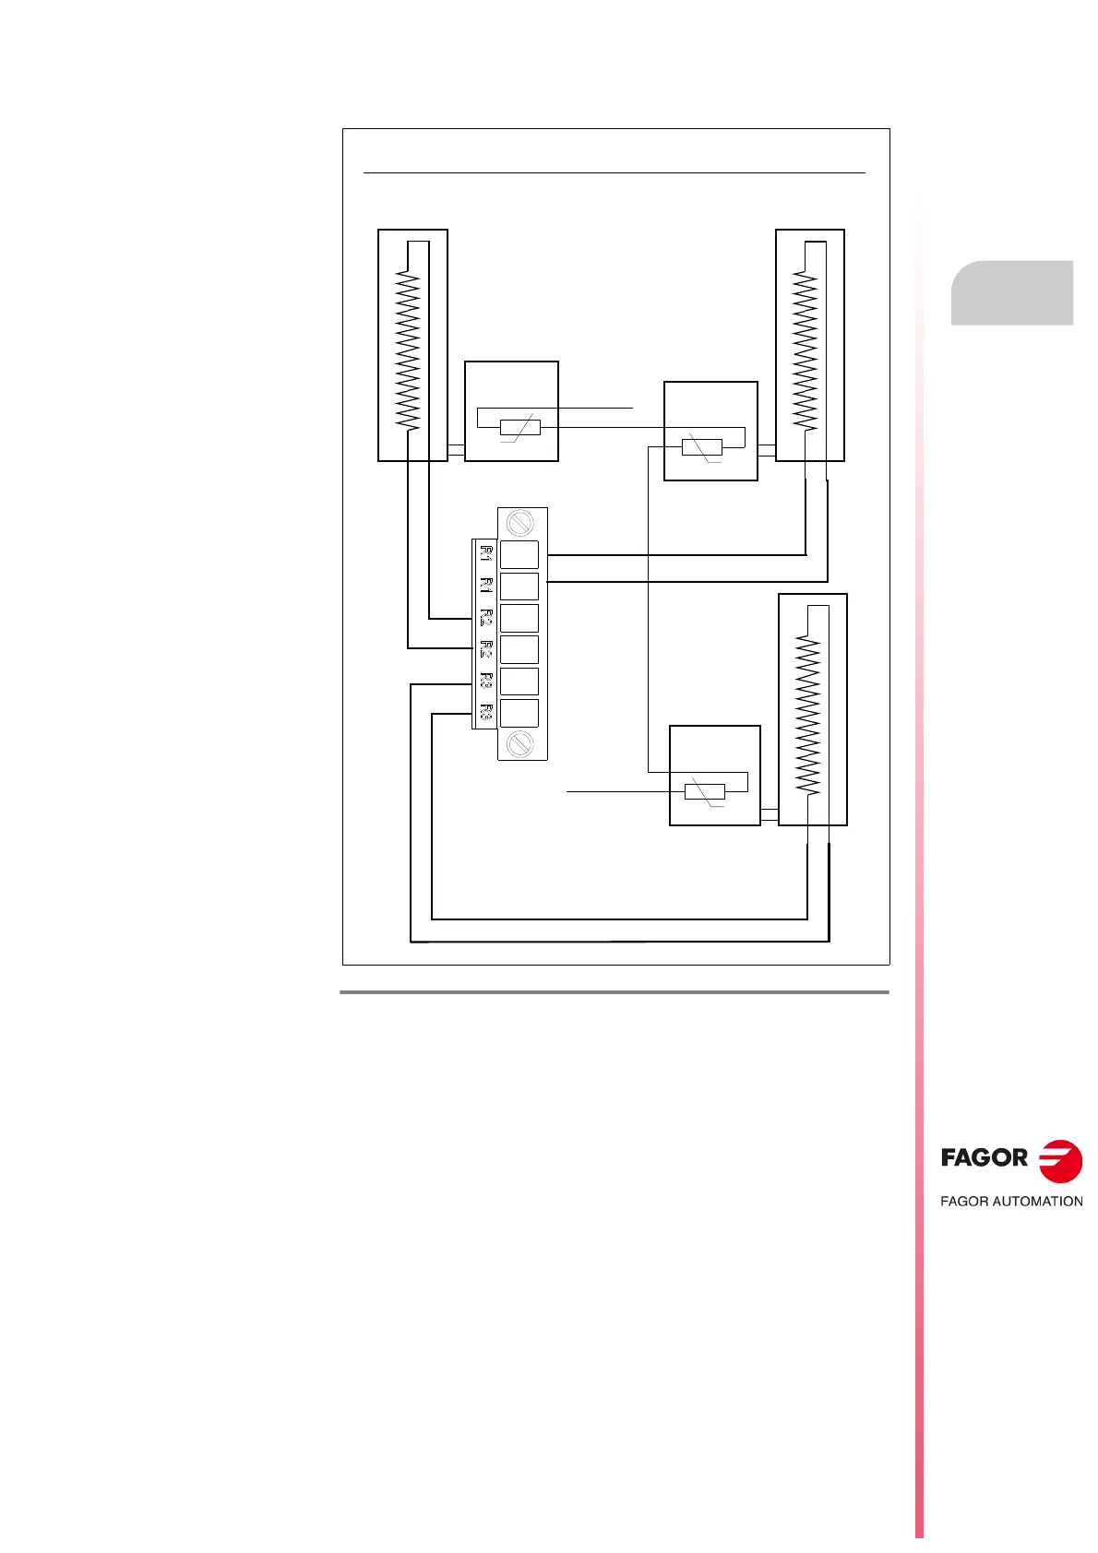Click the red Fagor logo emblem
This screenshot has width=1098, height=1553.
(x=1060, y=1161)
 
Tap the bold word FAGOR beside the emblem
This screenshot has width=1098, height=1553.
(x=985, y=1158)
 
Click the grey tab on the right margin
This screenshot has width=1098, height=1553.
(x=1012, y=292)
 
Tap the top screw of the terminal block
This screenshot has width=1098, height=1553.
(x=519, y=523)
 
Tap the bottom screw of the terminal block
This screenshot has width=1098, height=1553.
(x=519, y=742)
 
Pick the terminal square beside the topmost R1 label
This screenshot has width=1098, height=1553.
(x=519, y=554)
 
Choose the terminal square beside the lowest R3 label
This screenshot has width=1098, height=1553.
(x=519, y=714)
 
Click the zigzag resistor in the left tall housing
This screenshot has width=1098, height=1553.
(x=407, y=350)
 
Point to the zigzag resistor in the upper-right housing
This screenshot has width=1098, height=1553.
(x=806, y=350)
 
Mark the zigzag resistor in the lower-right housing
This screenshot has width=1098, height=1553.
(x=807, y=716)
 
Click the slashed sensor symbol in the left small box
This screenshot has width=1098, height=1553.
(x=519, y=428)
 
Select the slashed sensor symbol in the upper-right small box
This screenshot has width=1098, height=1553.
(x=701, y=447)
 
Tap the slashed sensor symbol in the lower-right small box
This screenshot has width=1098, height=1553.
(x=705, y=791)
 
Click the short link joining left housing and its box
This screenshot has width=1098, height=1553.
(x=456, y=451)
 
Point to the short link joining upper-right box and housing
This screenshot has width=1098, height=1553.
(x=767, y=451)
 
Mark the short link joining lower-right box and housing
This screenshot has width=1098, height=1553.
(x=770, y=815)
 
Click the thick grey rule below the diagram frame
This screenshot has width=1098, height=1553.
(x=615, y=993)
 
